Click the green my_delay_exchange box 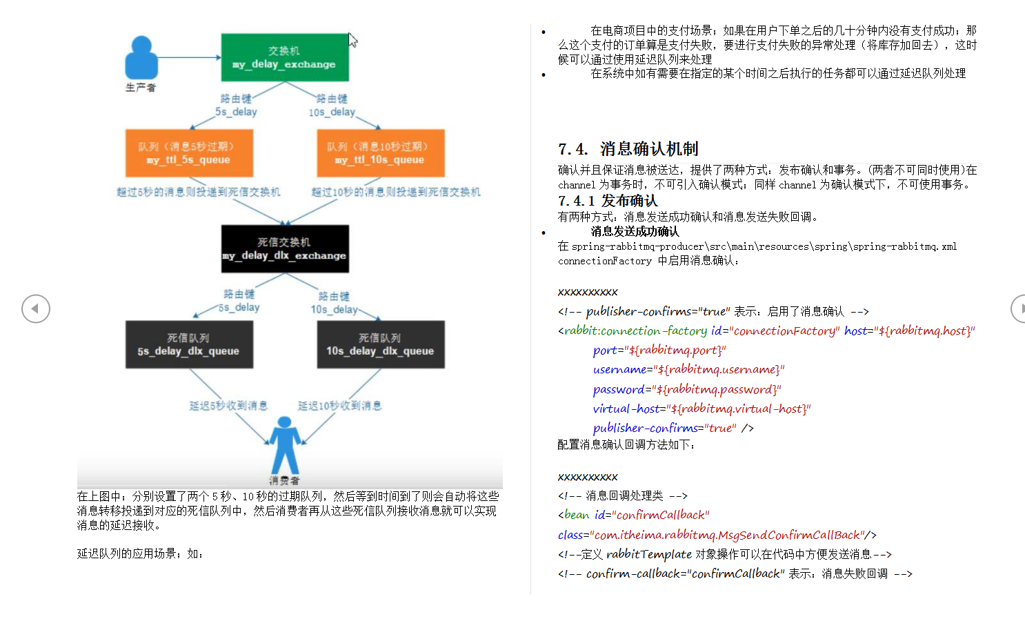[284, 57]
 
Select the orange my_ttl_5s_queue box [189, 153]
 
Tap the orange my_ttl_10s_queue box [380, 153]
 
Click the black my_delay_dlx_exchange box [284, 249]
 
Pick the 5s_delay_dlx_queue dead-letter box [189, 344]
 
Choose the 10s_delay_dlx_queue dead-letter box [380, 344]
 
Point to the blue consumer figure [285, 445]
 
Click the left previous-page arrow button [36, 308]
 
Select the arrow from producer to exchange [189, 57]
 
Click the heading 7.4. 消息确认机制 [628, 149]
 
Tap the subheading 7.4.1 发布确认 [608, 201]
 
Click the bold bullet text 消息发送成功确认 [635, 232]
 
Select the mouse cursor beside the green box [352, 40]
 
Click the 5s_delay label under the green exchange [236, 112]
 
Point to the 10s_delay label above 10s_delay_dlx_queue [334, 310]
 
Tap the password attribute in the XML [618, 389]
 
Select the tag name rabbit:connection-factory [635, 331]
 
